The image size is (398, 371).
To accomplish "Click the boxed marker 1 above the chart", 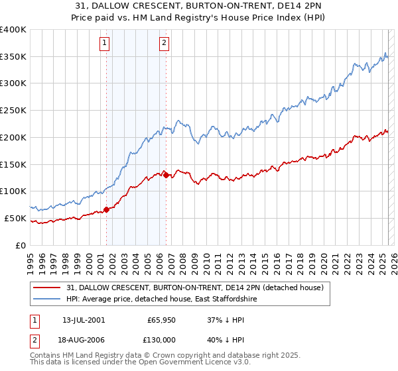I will coord(105,44).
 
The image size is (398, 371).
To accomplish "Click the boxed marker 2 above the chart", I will coord(164,44).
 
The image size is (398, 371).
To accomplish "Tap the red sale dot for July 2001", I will coord(106,209).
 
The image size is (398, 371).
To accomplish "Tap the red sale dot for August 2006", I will coord(166,175).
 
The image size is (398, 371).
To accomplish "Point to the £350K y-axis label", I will coord(13,57).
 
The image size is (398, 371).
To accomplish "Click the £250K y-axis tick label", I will coord(13,111).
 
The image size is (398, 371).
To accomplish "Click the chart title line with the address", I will coord(199,6).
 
